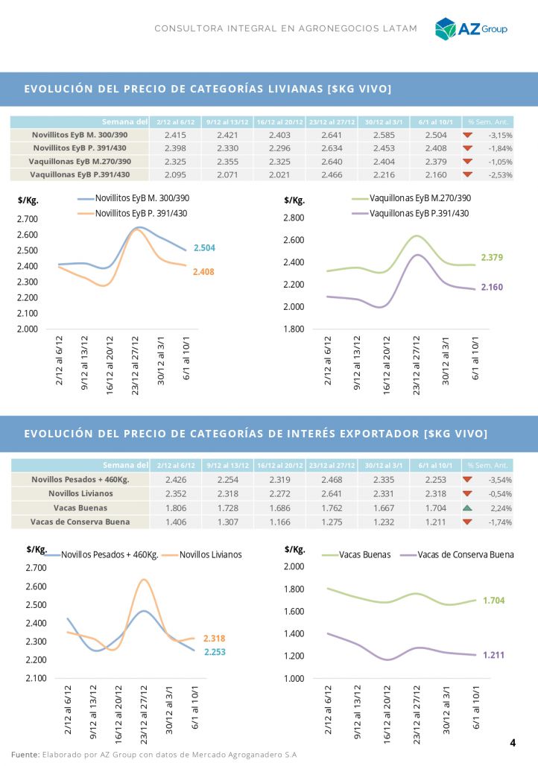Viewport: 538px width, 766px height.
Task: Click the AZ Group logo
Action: pos(471,28)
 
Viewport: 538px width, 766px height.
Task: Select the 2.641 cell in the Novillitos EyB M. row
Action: pos(332,135)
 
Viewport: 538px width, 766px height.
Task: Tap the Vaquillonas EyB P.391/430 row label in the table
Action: pos(80,174)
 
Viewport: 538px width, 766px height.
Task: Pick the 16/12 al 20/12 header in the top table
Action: pos(279,121)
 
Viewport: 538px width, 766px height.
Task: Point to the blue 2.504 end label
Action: pos(204,247)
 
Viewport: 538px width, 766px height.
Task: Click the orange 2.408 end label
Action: pos(203,273)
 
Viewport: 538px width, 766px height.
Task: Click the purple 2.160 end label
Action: pos(492,287)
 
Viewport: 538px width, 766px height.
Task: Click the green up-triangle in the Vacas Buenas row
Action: pos(467,507)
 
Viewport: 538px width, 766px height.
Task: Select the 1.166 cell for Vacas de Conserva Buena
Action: pos(279,522)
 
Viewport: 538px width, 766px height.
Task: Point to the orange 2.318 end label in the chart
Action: pos(214,639)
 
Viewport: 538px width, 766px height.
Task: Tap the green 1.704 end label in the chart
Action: pos(494,600)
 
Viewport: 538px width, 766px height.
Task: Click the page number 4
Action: pos(513,743)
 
